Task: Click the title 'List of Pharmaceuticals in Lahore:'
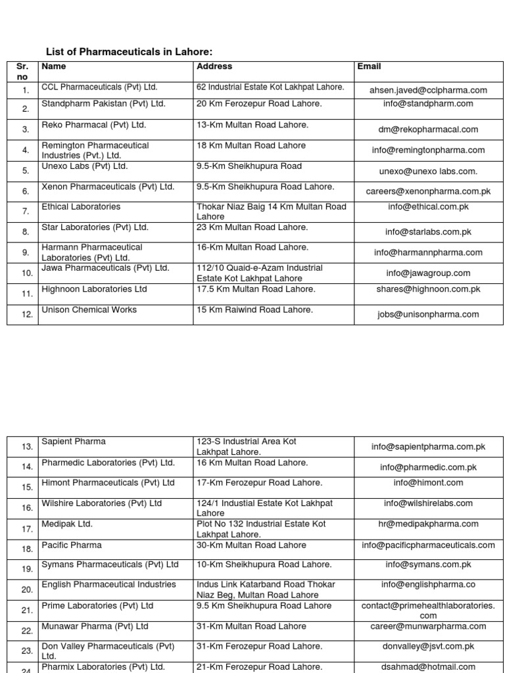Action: [130, 52]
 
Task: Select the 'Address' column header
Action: [214, 66]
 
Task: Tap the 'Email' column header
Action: [369, 66]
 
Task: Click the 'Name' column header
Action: [53, 66]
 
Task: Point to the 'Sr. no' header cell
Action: [22, 72]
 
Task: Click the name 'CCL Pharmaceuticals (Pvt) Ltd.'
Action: [99, 87]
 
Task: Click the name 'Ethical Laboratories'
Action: [81, 206]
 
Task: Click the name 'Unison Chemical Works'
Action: [80, 310]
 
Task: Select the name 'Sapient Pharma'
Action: [73, 442]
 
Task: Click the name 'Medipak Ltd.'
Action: [67, 524]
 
